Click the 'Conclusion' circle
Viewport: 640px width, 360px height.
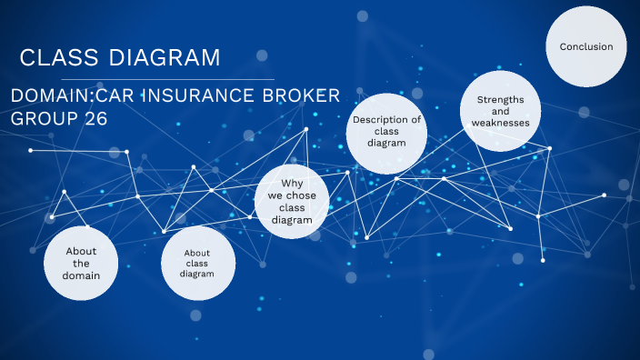586,46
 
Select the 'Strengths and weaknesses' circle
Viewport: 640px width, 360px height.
500,110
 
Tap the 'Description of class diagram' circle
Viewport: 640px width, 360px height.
386,132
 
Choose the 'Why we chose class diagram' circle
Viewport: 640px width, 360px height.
290,201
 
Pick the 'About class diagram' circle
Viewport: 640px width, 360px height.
198,264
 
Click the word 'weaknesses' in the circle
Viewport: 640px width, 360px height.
500,123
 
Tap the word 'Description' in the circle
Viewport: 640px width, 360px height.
386,119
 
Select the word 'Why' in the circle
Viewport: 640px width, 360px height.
290,183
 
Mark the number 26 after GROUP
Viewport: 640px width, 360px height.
95,118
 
